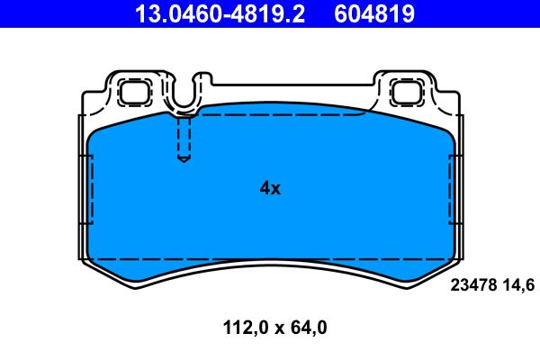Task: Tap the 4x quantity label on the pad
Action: coord(270,188)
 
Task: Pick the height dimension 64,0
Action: coord(307,328)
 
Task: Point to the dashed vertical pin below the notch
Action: coord(184,139)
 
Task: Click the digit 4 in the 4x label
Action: coord(265,188)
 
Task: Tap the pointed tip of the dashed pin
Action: coord(184,161)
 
